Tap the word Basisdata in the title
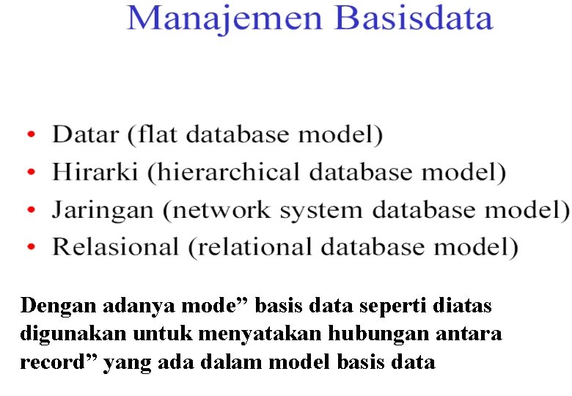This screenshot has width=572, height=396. pos(414,19)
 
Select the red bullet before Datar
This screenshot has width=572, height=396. pos(31,135)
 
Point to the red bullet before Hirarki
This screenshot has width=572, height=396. pos(31,173)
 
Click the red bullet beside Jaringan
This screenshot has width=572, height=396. pos(31,210)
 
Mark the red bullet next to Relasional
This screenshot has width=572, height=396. pos(31,248)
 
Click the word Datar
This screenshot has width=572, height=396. pos(85,135)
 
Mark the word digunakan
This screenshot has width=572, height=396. pos(73,334)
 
